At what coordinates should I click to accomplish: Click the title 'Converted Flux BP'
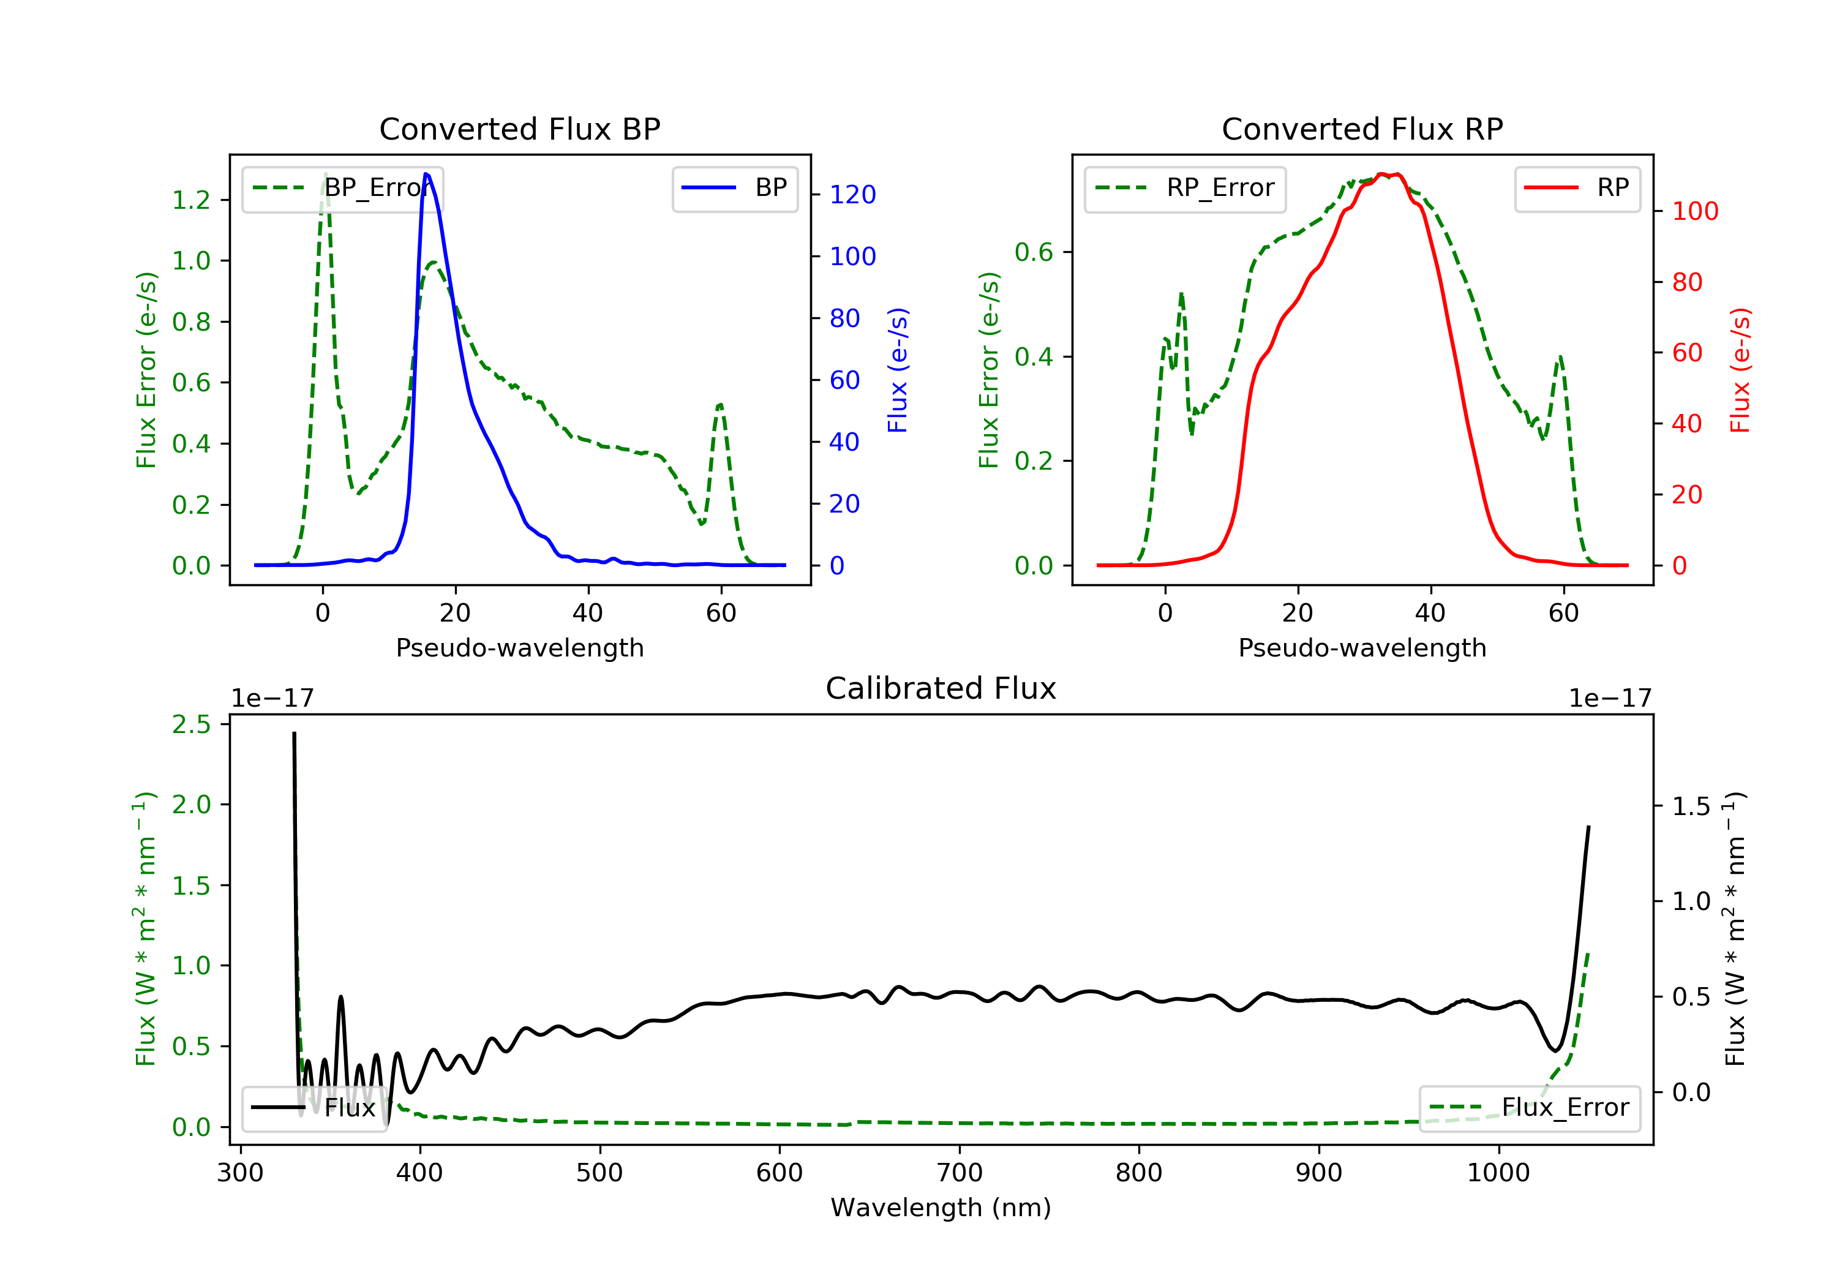(520, 129)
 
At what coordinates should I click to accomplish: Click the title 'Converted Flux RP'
(1362, 129)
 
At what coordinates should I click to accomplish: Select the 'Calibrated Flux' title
(941, 688)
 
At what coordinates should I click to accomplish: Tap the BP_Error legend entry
(342, 189)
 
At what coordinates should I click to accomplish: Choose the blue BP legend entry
(734, 188)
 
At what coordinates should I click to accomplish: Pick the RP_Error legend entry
(1185, 189)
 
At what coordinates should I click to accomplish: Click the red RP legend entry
(1577, 188)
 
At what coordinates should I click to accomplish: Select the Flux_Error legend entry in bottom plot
(1529, 1108)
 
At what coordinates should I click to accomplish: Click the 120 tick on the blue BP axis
(852, 195)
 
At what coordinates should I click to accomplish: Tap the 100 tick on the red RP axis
(1694, 211)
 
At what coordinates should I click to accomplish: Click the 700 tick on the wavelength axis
(960, 1173)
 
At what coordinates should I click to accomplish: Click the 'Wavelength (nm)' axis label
(941, 1208)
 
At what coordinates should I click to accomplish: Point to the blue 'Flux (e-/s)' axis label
(898, 370)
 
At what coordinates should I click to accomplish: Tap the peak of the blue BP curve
(426, 174)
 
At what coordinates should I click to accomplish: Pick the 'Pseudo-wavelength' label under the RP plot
(1362, 647)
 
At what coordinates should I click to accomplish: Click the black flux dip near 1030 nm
(1555, 1050)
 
